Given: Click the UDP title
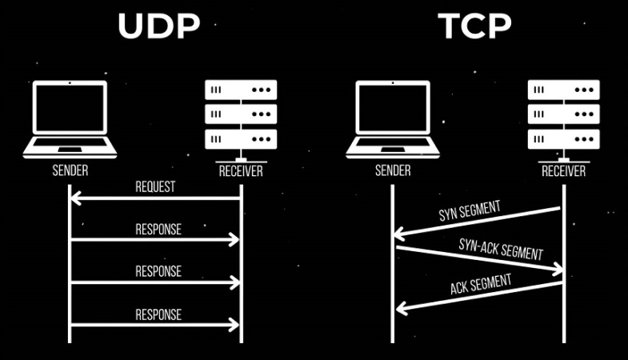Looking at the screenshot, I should coord(158,26).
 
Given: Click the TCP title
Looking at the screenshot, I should coord(474,26).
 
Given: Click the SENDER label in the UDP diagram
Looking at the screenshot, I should coord(70,170).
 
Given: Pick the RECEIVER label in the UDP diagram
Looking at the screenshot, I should coord(241,171).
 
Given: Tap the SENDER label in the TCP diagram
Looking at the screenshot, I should coord(393,170).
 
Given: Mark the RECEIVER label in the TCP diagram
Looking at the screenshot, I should coord(564,171).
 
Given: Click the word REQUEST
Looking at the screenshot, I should coord(155,187).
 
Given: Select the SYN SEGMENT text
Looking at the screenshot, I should coord(470,212).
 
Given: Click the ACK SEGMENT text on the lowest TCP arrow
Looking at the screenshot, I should coord(481,284).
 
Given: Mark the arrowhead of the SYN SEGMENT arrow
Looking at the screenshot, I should coord(398,234).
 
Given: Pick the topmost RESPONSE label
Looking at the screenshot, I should coord(158,230).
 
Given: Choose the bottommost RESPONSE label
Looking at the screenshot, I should coord(158,314).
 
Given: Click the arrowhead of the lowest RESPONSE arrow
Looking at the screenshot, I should coord(236,325).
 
